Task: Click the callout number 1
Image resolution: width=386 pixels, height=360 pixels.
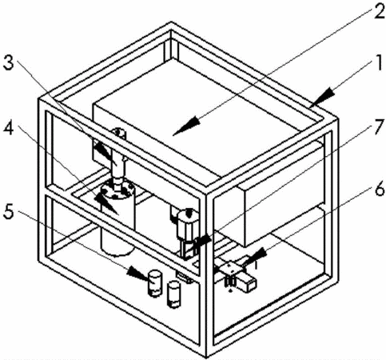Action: (378, 63)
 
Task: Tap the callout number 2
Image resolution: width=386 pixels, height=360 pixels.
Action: (379, 11)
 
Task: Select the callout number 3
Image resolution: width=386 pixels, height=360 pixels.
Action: (9, 63)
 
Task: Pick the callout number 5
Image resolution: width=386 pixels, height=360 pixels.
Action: (9, 211)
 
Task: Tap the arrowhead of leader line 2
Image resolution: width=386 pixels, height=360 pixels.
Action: (185, 126)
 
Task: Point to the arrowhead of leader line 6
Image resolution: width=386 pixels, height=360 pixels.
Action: (253, 257)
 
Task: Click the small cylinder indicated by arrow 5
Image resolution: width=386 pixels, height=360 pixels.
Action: (155, 283)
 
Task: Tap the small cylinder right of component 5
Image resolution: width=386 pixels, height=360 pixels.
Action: (173, 294)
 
